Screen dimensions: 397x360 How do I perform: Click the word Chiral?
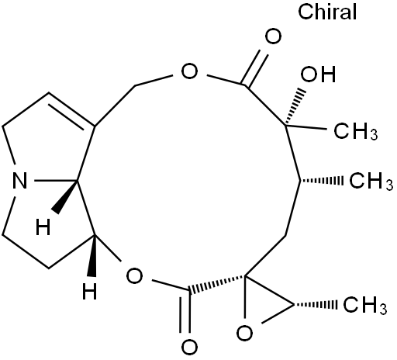coord(327,12)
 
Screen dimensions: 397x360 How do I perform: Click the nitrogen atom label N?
coord(19,181)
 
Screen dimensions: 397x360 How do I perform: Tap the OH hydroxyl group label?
coord(318,74)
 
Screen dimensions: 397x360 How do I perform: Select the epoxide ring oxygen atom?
coord(244,334)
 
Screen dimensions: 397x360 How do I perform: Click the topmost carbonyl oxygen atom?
coord(273,36)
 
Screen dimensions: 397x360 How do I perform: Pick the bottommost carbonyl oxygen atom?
coord(189,348)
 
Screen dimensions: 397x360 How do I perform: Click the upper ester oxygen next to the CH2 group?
coord(189,71)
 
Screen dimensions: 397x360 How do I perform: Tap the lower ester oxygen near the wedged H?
coord(134,275)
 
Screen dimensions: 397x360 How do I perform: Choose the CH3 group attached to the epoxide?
coord(364,305)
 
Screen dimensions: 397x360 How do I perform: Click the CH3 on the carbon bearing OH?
coord(356,130)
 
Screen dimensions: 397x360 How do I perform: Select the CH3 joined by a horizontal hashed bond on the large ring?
coord(371,181)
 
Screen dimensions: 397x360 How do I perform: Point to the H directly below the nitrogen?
coord(43,227)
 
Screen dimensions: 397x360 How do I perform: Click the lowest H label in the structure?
coord(89,291)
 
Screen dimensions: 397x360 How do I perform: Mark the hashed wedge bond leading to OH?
coord(295,107)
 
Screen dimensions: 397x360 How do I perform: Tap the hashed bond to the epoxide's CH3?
coord(316,305)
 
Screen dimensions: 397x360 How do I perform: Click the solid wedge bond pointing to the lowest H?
coord(92,256)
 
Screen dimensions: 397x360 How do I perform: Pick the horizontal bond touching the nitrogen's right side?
coord(56,180)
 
